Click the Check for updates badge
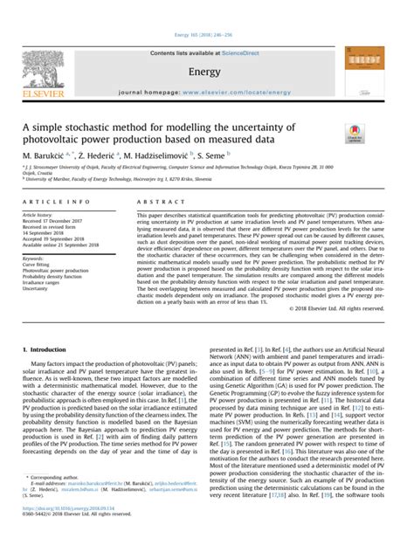[x=355, y=134]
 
